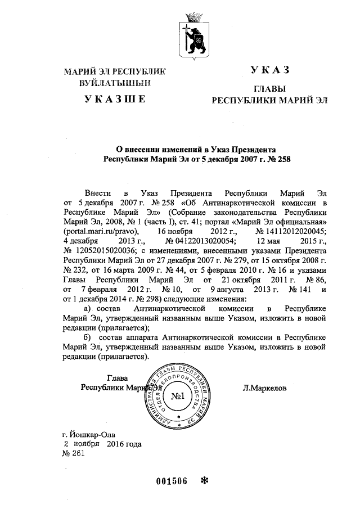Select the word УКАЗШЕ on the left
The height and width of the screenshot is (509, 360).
[x=115, y=100]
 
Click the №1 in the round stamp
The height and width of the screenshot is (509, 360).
[x=179, y=397]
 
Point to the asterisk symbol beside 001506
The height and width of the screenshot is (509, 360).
[x=204, y=481]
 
